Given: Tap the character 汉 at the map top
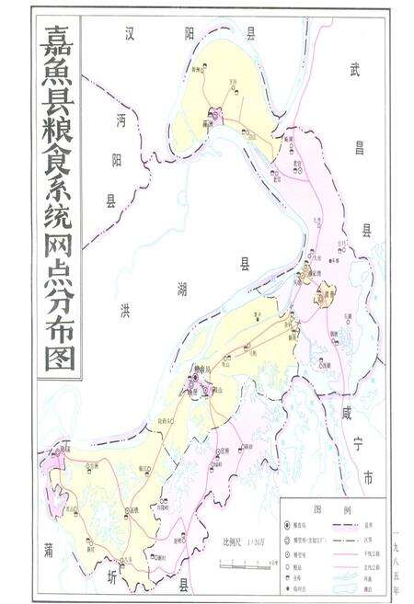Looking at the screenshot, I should coord(133,34).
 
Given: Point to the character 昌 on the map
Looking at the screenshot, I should coord(361,147).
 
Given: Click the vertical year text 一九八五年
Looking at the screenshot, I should coord(397,552).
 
